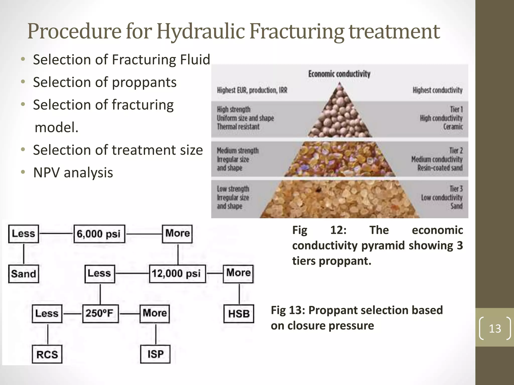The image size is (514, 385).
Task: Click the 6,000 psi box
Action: click(99, 234)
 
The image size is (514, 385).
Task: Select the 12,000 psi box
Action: click(177, 274)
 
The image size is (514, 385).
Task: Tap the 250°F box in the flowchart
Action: click(100, 314)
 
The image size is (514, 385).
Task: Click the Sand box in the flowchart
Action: click(24, 274)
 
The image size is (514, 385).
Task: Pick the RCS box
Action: click(47, 354)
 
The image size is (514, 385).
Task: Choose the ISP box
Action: click(155, 354)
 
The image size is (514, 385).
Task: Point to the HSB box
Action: click(238, 314)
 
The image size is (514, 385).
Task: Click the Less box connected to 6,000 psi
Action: click(24, 234)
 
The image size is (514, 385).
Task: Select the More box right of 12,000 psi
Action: click(238, 273)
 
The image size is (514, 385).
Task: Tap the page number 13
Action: click(495, 328)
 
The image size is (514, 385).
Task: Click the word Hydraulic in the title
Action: click(201, 32)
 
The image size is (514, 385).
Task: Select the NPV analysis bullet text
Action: click(73, 173)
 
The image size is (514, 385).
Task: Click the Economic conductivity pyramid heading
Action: click(339, 74)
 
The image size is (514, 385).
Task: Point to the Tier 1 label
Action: click(456, 110)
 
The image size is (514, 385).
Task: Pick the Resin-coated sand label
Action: click(440, 168)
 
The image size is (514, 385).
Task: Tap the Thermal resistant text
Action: click(238, 127)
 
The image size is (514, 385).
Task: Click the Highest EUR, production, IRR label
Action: click(252, 90)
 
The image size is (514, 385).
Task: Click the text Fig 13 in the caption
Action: click(288, 310)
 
